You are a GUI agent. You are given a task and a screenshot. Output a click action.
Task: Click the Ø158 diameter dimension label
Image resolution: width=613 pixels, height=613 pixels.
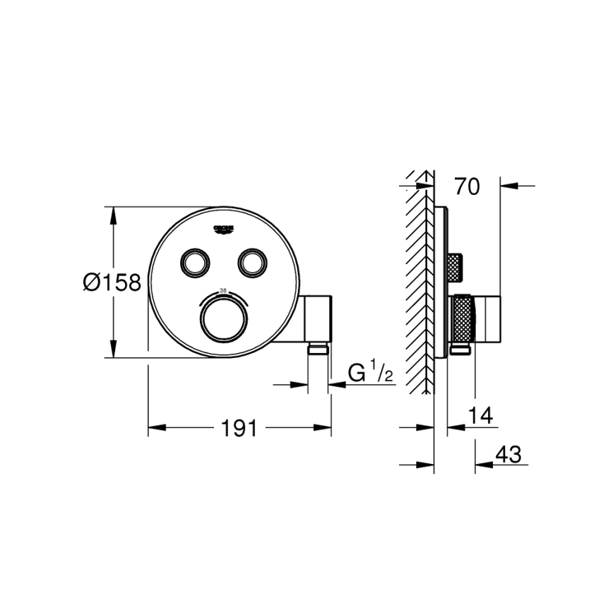(x=112, y=282)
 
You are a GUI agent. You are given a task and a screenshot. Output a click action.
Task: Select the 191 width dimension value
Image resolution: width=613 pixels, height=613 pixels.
(x=238, y=428)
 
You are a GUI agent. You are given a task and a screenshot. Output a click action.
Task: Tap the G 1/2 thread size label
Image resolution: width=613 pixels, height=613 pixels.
(x=370, y=372)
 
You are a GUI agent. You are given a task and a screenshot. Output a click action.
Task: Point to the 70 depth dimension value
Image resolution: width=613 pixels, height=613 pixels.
(x=467, y=186)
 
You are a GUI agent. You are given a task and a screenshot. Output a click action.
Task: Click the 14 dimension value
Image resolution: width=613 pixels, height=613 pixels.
(x=482, y=415)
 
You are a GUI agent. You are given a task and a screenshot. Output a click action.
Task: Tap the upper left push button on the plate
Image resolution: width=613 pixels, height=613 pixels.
(x=194, y=263)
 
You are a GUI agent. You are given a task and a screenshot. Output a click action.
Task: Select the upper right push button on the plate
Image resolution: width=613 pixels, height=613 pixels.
(x=251, y=263)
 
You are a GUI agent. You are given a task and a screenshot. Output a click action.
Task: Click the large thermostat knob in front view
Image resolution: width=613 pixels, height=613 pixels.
(x=224, y=321)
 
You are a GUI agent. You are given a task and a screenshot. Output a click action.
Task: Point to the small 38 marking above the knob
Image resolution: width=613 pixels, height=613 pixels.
(x=224, y=290)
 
